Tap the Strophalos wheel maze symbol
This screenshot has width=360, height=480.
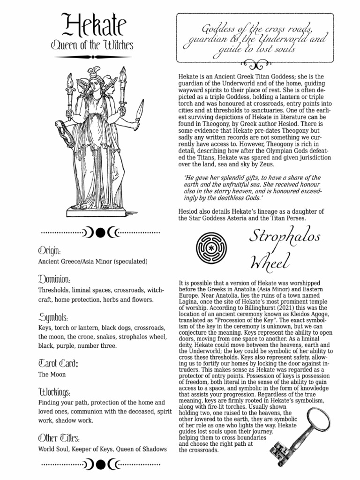(208, 247)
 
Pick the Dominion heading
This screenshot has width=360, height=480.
(55, 279)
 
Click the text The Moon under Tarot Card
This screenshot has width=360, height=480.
(52, 375)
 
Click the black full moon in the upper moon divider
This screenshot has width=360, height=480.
(101, 232)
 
